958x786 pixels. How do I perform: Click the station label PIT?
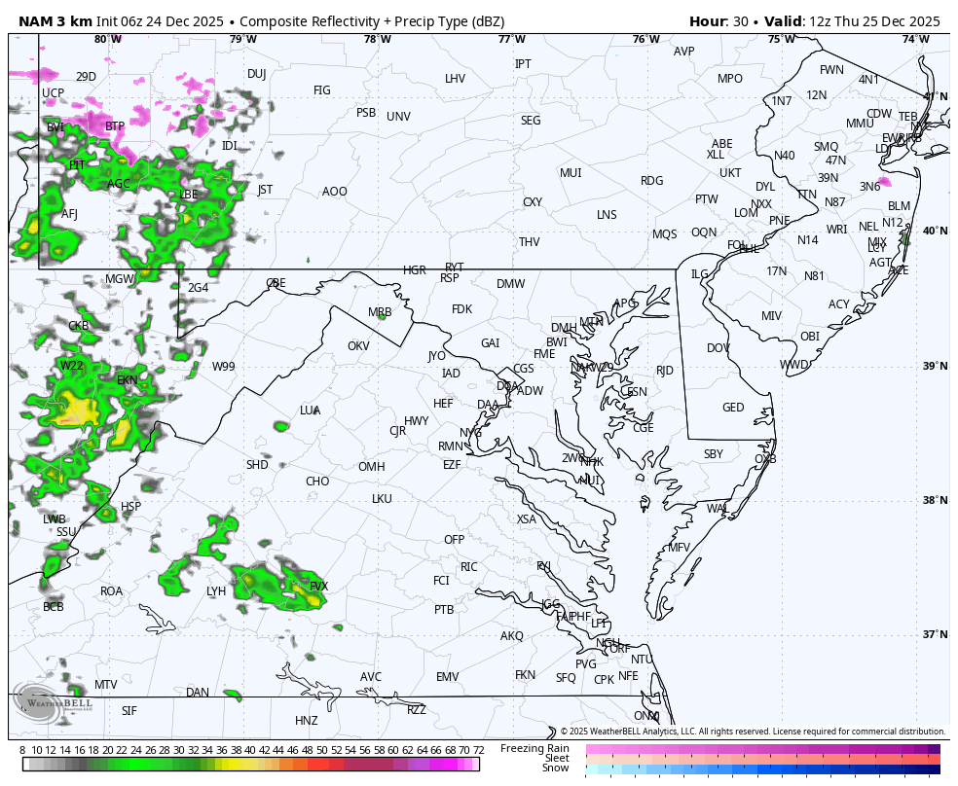point(77,165)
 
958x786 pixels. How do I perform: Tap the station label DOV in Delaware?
point(718,348)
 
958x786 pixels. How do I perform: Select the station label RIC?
point(469,567)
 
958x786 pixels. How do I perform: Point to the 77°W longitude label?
point(511,39)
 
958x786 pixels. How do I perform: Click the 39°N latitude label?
point(935,366)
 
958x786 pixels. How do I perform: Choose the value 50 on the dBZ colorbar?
point(321,750)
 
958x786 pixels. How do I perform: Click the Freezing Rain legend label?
point(534,748)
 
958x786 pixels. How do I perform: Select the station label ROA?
point(112,591)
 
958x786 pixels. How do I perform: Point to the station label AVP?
point(684,52)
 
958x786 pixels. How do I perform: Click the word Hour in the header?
point(708,21)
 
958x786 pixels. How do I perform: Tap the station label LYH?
point(216,591)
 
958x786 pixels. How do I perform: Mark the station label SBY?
point(714,454)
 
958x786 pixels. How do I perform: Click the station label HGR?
point(415,270)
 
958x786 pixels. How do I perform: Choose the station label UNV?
point(398,117)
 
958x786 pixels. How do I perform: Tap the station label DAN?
point(198,693)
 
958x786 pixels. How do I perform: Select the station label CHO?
point(317,482)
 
